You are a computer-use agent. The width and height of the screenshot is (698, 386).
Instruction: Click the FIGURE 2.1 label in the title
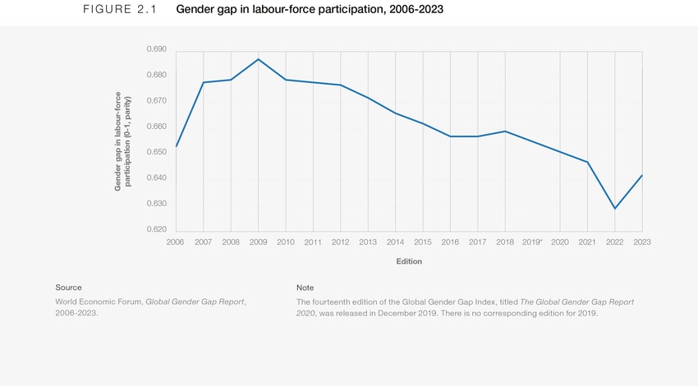click(x=120, y=10)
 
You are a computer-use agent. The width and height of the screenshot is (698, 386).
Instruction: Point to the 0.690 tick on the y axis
click(x=156, y=49)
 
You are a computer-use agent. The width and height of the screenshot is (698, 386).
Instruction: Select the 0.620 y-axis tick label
click(x=156, y=229)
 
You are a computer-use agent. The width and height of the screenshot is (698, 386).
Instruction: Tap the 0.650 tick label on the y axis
click(x=156, y=152)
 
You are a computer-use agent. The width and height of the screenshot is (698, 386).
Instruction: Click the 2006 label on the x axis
click(x=175, y=242)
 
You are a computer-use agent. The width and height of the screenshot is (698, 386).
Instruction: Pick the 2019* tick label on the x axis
click(x=533, y=242)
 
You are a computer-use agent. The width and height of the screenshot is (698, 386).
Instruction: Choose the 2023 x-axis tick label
click(x=642, y=242)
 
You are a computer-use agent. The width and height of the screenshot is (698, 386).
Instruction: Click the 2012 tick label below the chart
click(x=340, y=242)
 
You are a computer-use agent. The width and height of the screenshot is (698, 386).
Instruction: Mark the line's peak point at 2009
click(x=258, y=59)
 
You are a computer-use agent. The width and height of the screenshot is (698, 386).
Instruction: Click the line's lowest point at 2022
click(x=614, y=209)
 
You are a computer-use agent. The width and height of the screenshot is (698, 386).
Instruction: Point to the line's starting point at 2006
click(x=176, y=147)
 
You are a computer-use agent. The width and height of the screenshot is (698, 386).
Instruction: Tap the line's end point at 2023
click(x=642, y=175)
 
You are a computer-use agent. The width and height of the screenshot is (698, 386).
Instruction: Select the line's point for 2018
click(x=505, y=131)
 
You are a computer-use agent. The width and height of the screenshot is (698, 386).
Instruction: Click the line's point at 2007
click(x=203, y=82)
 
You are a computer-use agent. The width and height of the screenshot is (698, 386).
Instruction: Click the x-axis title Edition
click(x=408, y=262)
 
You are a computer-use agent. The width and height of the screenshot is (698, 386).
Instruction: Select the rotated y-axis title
click(x=122, y=141)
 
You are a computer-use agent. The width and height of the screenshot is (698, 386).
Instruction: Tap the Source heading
click(x=68, y=287)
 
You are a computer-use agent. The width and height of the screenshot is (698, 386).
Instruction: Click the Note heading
click(x=305, y=287)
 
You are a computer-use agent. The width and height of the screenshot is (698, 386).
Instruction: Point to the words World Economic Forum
click(x=99, y=301)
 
